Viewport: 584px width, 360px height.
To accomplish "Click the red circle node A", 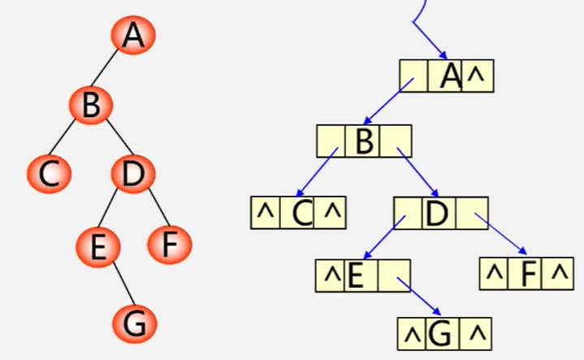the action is click(134, 36).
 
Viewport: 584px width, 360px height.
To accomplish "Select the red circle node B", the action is click(90, 106).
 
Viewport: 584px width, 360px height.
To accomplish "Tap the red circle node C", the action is click(50, 175).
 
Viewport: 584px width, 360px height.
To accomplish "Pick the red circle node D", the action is click(132, 175).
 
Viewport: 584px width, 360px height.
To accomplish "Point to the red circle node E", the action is click(97, 246).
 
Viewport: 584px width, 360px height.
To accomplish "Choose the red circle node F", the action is click(170, 245).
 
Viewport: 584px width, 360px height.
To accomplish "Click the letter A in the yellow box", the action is click(449, 76).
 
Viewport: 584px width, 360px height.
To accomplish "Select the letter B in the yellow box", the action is click(364, 142).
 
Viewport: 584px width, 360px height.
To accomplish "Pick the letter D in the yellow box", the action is click(437, 213).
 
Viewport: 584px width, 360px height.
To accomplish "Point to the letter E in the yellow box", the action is click(355, 276).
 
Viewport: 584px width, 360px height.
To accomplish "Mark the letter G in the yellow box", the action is click(438, 333).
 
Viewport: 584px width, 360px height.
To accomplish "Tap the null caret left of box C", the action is click(265, 213).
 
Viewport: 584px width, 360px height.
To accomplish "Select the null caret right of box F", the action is click(557, 276).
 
